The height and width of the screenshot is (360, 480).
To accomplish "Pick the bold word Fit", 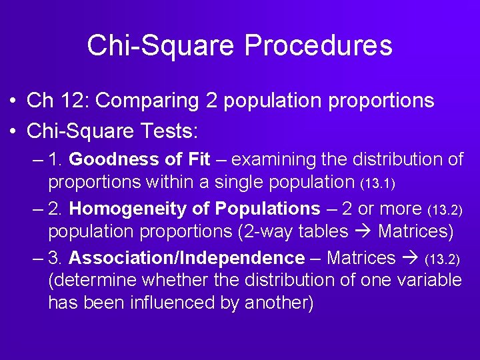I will point(196,160).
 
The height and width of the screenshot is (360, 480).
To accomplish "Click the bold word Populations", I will point(267,209).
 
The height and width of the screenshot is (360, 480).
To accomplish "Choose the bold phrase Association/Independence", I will point(187,258).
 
